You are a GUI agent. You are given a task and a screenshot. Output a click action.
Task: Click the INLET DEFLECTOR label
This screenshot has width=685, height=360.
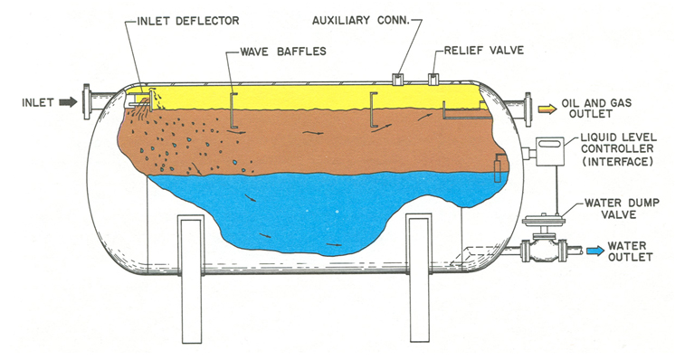[x=188, y=21]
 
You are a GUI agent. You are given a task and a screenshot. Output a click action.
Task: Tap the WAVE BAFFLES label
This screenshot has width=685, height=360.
[x=283, y=52]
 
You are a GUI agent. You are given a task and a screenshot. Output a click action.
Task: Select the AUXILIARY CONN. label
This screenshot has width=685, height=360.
[x=361, y=21]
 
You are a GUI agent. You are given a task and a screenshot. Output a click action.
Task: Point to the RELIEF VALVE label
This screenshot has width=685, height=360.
[x=483, y=51]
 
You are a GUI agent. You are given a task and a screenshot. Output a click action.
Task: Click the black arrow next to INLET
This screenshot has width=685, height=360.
[x=68, y=102]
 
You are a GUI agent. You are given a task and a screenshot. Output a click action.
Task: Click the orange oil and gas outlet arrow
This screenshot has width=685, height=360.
[x=547, y=109]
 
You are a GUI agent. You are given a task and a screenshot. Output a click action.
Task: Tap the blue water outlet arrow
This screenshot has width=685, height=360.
[x=595, y=251]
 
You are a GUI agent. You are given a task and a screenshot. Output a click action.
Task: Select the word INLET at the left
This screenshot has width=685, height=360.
[x=38, y=103]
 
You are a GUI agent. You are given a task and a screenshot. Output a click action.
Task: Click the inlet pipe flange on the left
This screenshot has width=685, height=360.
[x=87, y=101]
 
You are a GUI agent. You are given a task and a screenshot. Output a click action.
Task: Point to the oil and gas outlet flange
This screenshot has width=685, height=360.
[x=528, y=109]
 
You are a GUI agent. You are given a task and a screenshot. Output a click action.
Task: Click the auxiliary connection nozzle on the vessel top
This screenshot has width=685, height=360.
[x=398, y=79]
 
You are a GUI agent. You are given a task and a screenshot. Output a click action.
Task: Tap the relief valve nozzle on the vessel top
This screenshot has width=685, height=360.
[x=433, y=79]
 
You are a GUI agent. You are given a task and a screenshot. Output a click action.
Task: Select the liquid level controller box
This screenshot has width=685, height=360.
[x=550, y=151]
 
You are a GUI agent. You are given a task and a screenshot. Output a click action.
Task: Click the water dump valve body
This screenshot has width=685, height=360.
[x=544, y=251]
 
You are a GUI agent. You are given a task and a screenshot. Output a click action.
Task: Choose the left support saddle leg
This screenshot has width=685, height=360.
[x=191, y=279]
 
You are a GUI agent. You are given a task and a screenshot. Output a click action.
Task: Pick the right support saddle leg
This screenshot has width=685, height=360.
[x=420, y=279]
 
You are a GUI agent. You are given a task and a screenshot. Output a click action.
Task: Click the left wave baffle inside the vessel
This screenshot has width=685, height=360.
[x=233, y=110]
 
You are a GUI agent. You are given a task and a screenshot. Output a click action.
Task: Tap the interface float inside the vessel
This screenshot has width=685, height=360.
[x=497, y=171]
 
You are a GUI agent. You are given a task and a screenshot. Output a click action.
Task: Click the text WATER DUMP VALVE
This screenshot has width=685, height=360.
[x=622, y=209]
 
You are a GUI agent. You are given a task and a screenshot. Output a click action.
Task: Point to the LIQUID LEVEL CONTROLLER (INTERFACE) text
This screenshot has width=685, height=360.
[x=618, y=149]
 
